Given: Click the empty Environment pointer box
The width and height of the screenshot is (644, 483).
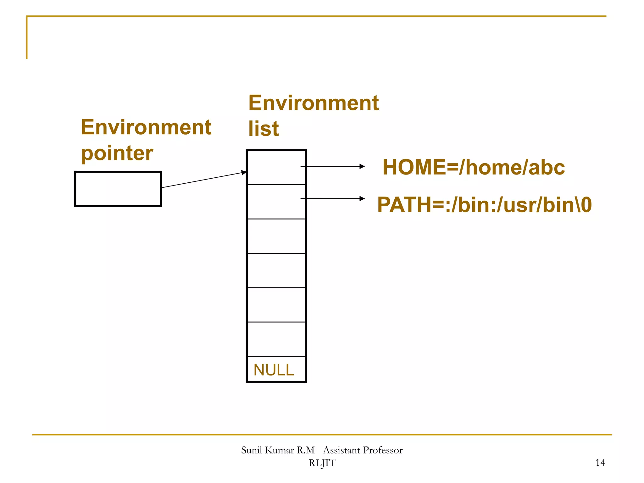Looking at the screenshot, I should click(x=118, y=189).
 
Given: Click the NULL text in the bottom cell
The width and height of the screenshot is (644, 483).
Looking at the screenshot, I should click(x=274, y=370).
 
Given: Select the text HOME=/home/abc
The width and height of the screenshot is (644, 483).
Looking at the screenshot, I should click(x=474, y=167).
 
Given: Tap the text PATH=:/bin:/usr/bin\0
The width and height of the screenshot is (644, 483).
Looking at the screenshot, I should click(x=484, y=205).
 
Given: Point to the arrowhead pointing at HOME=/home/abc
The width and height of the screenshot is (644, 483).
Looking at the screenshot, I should click(x=362, y=166).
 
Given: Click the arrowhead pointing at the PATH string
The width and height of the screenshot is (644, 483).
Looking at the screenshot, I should click(x=362, y=199).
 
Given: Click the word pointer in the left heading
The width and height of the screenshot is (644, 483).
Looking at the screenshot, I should click(x=117, y=153).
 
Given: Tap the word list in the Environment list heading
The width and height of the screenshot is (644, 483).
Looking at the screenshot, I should click(x=264, y=129).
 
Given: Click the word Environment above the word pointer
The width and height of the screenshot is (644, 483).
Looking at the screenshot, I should click(x=146, y=127).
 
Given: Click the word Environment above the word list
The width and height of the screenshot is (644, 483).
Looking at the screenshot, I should click(x=314, y=103).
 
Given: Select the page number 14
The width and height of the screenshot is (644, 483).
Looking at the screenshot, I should click(x=600, y=463).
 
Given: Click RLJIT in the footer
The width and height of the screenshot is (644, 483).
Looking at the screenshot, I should click(x=322, y=463).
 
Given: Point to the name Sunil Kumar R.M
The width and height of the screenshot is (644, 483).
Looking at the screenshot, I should click(x=278, y=450).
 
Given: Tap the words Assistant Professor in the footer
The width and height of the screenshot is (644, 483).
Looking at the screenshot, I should click(x=363, y=450).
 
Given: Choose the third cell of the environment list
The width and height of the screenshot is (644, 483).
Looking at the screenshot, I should click(x=276, y=236).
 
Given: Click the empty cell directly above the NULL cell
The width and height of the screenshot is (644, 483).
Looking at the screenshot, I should click(x=276, y=339).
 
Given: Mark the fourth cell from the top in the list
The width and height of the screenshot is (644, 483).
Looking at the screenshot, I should click(x=276, y=270).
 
